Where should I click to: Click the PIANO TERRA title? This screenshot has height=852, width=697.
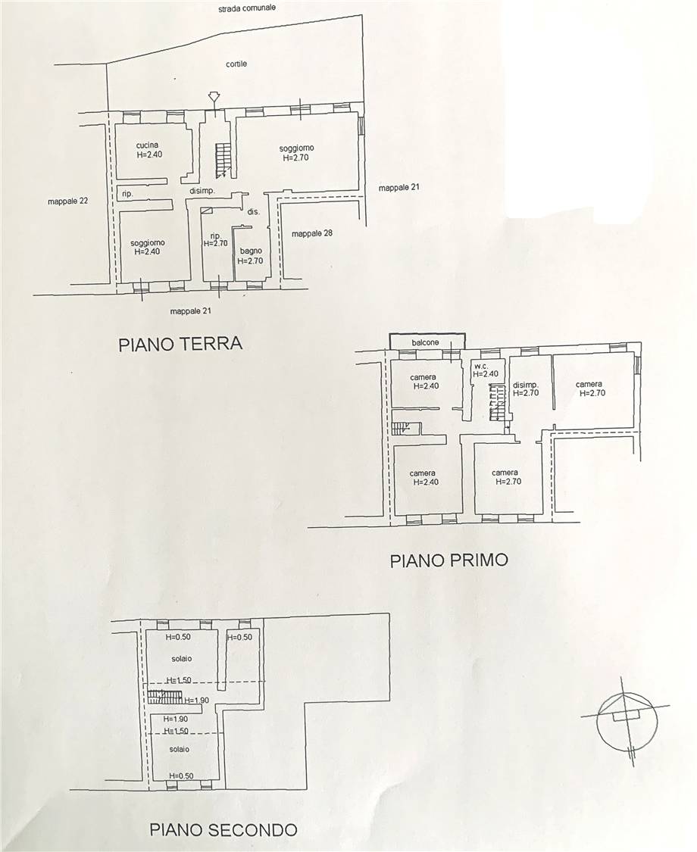pyautogui.click(x=180, y=344)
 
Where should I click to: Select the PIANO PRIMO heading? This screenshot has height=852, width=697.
pyautogui.click(x=449, y=560)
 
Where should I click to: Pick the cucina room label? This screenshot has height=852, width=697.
pyautogui.click(x=147, y=145)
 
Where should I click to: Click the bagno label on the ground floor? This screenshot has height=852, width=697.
pyautogui.click(x=250, y=251)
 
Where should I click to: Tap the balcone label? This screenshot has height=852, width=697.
pyautogui.click(x=425, y=342)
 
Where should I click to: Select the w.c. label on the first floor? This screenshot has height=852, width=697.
pyautogui.click(x=481, y=367)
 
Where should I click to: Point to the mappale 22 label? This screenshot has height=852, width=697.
pyautogui.click(x=68, y=201)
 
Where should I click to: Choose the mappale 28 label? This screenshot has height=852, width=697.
pyautogui.click(x=312, y=234)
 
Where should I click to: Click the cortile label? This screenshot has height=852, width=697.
pyautogui.click(x=236, y=64)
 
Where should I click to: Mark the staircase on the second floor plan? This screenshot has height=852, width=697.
pyautogui.click(x=164, y=697)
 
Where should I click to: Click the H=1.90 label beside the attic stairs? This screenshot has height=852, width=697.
pyautogui.click(x=196, y=701)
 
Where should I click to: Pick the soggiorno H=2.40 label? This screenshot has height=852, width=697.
pyautogui.click(x=148, y=247)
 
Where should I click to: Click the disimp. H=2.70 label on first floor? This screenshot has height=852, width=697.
pyautogui.click(x=526, y=389)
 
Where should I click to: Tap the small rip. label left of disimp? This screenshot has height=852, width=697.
pyautogui.click(x=127, y=193)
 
